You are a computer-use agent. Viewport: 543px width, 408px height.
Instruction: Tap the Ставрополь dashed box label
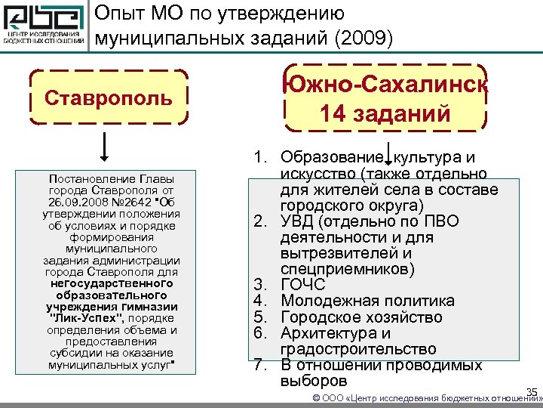click(x=108, y=97)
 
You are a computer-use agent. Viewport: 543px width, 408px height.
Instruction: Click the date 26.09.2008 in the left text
click(x=76, y=203)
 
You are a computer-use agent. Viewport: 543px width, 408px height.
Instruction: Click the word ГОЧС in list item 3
click(x=302, y=285)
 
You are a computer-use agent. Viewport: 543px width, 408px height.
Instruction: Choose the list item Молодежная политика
click(x=361, y=301)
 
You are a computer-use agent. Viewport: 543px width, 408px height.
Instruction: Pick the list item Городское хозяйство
click(x=361, y=317)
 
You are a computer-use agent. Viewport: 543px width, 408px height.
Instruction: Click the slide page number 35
click(x=531, y=391)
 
